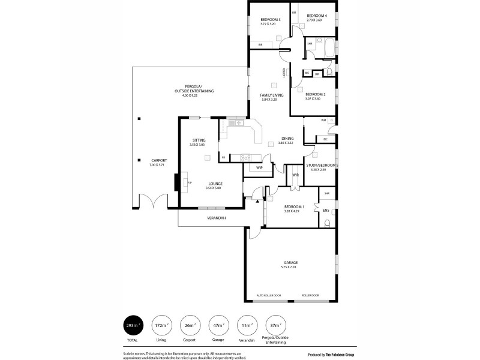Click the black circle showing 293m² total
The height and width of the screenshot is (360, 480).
(x=133, y=325)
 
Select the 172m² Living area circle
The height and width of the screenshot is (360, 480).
(x=161, y=325)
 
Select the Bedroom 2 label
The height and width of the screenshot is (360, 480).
(x=315, y=94)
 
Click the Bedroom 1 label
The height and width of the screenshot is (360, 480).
(x=294, y=207)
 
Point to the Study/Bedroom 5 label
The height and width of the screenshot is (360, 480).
(x=322, y=165)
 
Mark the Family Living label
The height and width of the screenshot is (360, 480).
(x=271, y=95)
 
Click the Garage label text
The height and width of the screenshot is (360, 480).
(x=290, y=262)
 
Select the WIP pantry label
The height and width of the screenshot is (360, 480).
(x=259, y=168)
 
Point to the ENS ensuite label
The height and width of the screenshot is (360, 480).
(x=326, y=211)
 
